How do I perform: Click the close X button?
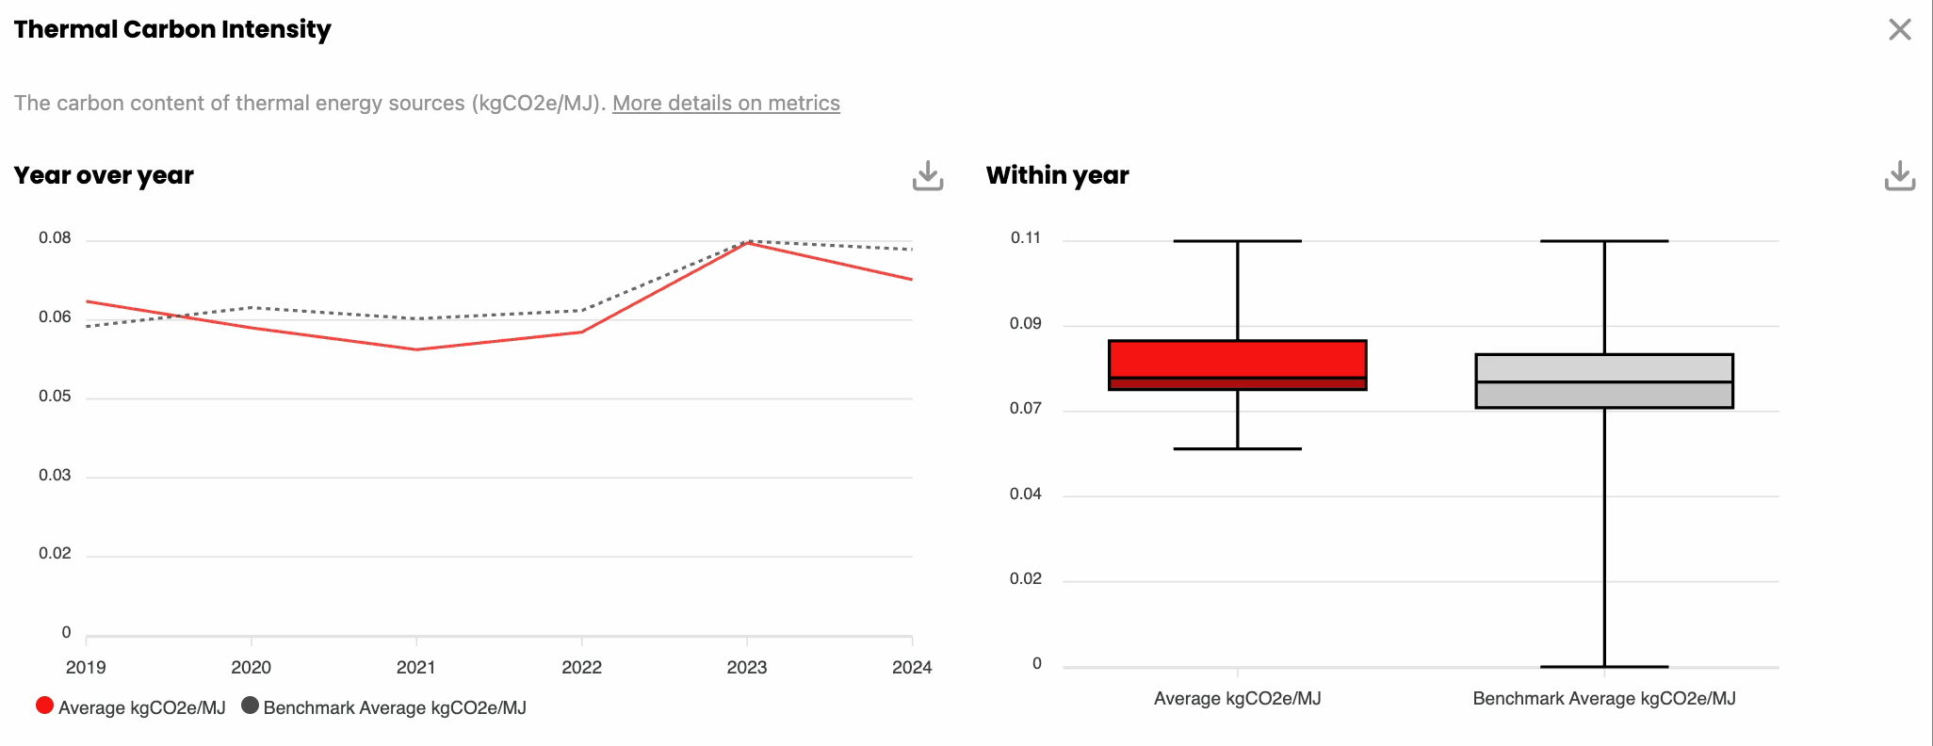[x=1899, y=29]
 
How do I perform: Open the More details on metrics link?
[x=725, y=103]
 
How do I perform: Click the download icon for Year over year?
[x=928, y=175]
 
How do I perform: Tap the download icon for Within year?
[x=1900, y=175]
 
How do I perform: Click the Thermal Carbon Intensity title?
[x=172, y=29]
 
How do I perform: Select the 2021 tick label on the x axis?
[x=416, y=667]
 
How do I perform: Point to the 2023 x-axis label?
[x=747, y=667]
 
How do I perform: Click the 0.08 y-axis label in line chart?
[x=55, y=237]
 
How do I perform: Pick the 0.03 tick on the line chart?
[x=55, y=475]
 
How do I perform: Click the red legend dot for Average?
[x=44, y=705]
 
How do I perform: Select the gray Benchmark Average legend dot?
[x=250, y=705]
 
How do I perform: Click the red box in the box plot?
[x=1238, y=365]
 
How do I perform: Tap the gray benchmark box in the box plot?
[x=1604, y=381]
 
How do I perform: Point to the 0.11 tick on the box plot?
[x=1026, y=237]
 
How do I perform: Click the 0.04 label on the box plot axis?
[x=1026, y=494]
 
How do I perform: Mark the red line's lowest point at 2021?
[x=416, y=349]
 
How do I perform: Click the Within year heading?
[x=1057, y=175]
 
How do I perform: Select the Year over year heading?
[x=104, y=175]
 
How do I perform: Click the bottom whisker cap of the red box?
[x=1238, y=448]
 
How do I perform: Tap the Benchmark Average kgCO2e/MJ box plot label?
[x=1604, y=698]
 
